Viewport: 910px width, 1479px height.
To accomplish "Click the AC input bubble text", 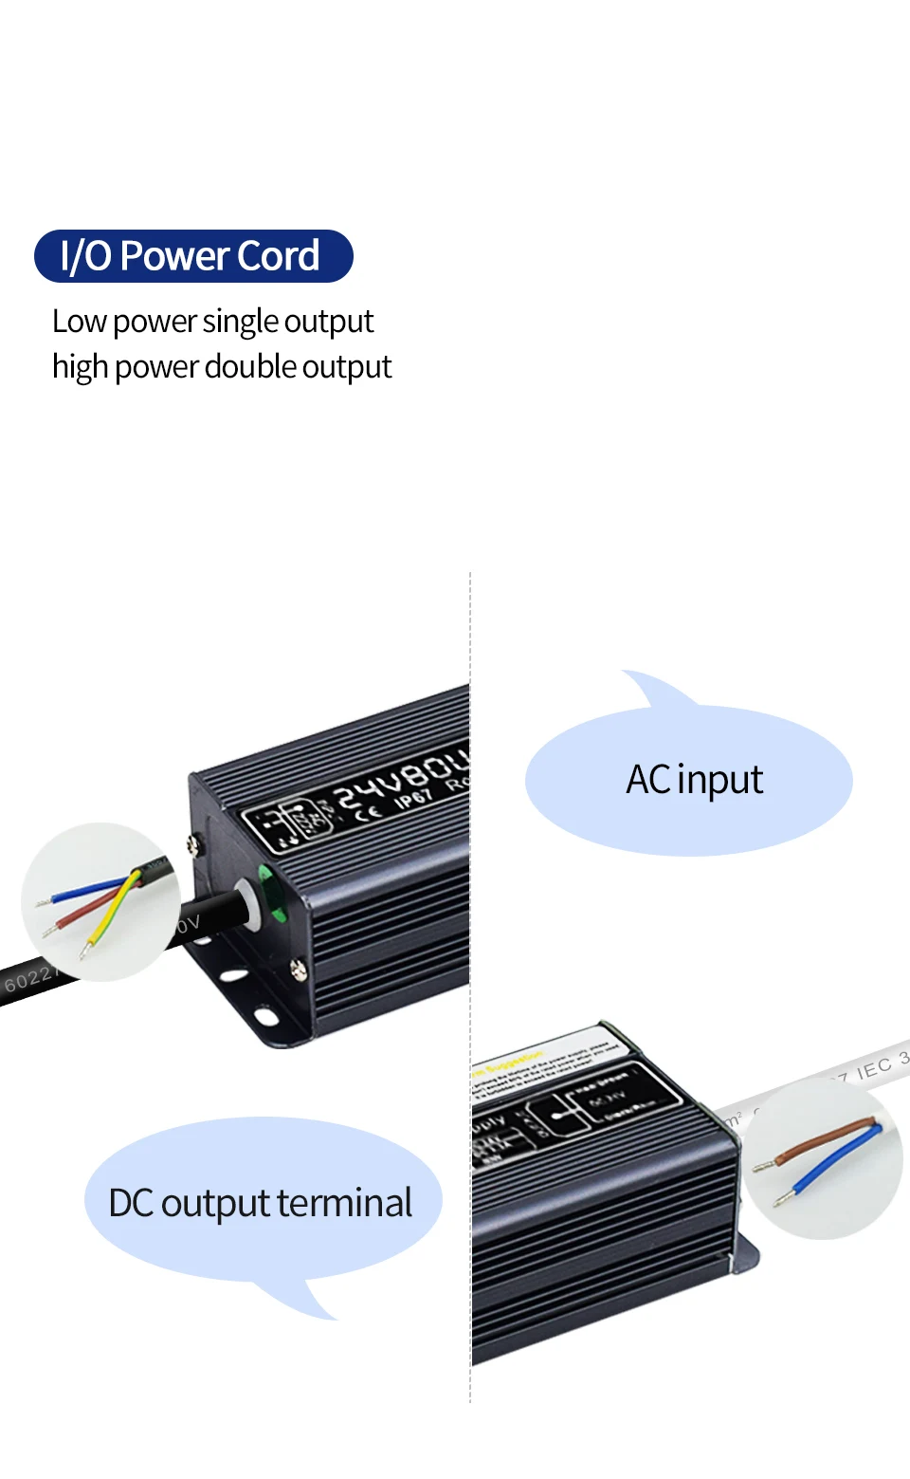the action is pos(694,780).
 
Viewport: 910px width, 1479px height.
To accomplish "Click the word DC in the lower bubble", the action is pos(131,1203).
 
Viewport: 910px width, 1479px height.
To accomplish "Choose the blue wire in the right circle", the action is pos(834,1163).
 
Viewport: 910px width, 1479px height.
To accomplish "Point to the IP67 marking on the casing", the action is pos(413,798).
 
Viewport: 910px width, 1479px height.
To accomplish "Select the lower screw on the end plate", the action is pos(298,969).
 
